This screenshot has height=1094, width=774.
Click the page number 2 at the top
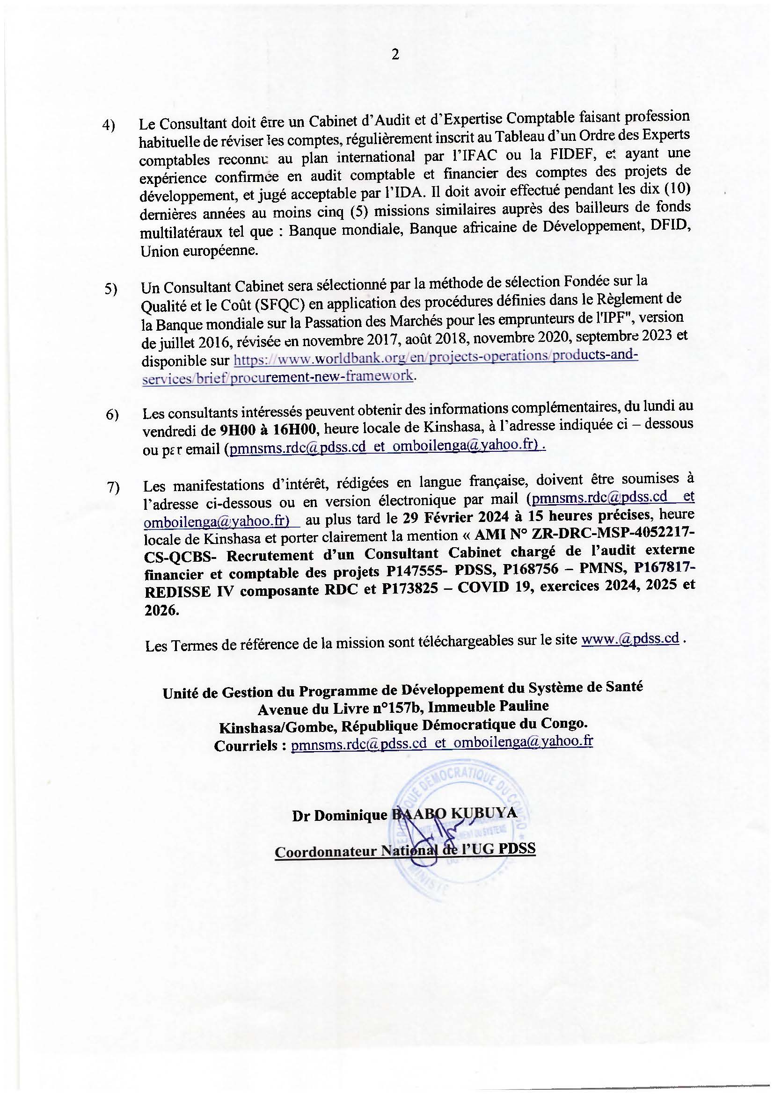(395, 55)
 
